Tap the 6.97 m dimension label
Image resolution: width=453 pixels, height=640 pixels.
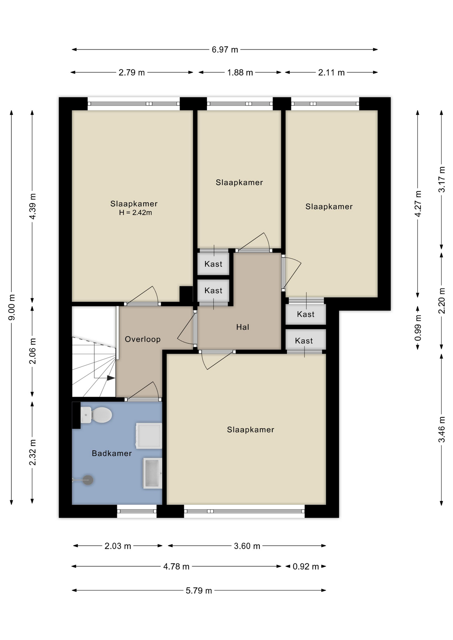coord(225,50)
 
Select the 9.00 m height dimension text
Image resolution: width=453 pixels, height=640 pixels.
coord(12,307)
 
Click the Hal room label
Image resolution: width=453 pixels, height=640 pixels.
coord(243,327)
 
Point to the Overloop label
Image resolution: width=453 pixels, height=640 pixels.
coord(143,339)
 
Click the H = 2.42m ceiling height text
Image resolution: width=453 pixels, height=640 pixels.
coord(135,213)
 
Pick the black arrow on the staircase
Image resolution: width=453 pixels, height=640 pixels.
coord(111,378)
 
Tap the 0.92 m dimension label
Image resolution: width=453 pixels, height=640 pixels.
coord(306,567)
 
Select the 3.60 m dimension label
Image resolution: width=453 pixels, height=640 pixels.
coord(247,546)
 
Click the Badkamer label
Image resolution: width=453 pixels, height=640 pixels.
coord(112,453)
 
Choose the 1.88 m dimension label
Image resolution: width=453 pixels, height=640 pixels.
coord(240,72)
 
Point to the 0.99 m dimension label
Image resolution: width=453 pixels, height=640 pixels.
coord(418,328)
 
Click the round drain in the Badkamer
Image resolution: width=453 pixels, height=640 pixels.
coord(88,480)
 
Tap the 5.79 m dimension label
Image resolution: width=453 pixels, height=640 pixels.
coord(199,591)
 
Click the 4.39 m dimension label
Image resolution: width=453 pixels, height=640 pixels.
coord(32,206)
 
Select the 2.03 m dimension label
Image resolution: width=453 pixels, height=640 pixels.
coord(118,546)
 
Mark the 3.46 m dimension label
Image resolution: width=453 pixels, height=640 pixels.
coord(442,429)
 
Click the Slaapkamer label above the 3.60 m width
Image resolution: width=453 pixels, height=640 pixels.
coord(251,430)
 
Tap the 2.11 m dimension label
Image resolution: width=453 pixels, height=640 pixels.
coord(331,72)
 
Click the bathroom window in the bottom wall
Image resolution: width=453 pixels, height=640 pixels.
coord(137,511)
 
